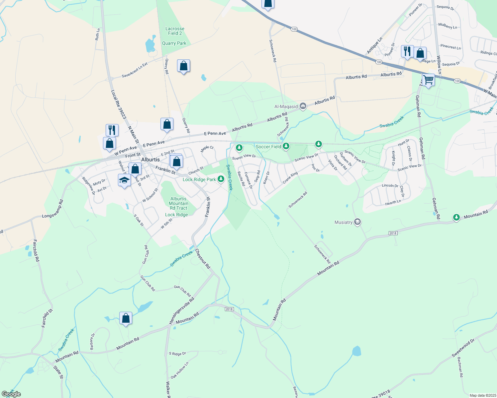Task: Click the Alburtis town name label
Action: tap(150, 160)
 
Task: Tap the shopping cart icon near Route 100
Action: tap(428, 80)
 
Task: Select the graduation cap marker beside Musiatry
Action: tap(357, 222)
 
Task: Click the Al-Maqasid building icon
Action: tap(303, 106)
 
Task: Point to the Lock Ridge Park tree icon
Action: tap(221, 179)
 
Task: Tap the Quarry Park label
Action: tap(174, 43)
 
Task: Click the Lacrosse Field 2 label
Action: tap(175, 31)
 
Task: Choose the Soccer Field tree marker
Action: tap(286, 146)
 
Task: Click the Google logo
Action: tap(11, 394)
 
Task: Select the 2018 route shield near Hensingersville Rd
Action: tap(229, 309)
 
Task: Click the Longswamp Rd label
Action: tap(52, 208)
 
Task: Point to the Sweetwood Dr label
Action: tap(463, 348)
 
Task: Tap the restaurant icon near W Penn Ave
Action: tap(112, 130)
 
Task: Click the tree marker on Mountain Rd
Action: tap(456, 217)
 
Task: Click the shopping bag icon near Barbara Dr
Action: tap(126, 318)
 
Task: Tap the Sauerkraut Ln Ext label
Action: tap(135, 70)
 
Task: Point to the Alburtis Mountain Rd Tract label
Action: tap(178, 203)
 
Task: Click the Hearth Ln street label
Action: tap(393, 202)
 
